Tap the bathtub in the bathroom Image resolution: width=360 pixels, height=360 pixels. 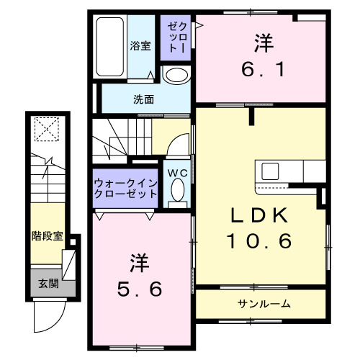pyautogui.click(x=112, y=45)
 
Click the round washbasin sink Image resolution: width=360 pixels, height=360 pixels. pyautogui.click(x=175, y=76)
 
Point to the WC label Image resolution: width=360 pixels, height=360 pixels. pyautogui.click(x=178, y=172)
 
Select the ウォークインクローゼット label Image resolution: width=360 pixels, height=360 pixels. pyautogui.click(x=126, y=189)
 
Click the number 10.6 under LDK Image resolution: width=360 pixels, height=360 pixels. pyautogui.click(x=261, y=242)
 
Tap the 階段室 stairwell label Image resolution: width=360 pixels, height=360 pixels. pyautogui.click(x=47, y=235)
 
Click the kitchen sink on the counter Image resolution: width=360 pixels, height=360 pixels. pyautogui.click(x=271, y=171)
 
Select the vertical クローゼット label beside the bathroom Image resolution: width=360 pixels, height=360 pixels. pyautogui.click(x=176, y=37)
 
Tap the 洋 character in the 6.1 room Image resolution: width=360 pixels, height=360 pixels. pyautogui.click(x=262, y=42)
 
